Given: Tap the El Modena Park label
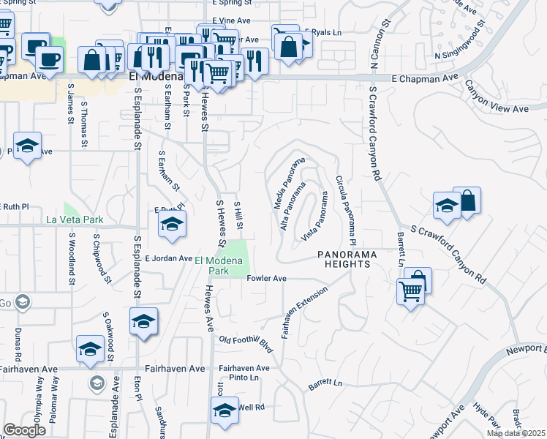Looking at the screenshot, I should (x=217, y=265).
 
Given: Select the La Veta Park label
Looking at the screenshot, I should (x=75, y=219).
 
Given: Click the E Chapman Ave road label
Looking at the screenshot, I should (x=424, y=77).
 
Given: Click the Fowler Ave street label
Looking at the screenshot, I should (x=267, y=278).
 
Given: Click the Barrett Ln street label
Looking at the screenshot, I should (x=325, y=383).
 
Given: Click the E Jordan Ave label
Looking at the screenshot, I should (x=167, y=258).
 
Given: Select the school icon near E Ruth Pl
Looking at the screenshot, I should (x=171, y=224).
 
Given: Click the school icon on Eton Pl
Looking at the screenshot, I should (x=143, y=320).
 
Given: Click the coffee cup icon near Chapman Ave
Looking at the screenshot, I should (x=50, y=58).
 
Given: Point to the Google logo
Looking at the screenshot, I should (x=24, y=430).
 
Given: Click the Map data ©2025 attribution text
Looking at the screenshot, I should (x=515, y=433).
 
